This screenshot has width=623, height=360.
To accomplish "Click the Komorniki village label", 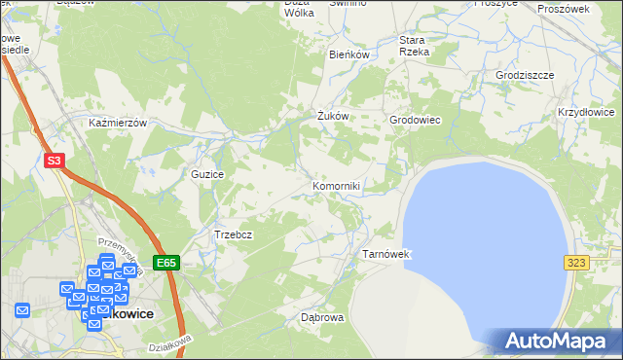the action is [x=337, y=185].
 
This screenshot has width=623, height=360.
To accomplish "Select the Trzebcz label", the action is [x=234, y=234].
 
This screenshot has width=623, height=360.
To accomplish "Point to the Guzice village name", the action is [x=208, y=174].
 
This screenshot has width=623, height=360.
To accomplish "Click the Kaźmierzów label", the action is [x=117, y=124].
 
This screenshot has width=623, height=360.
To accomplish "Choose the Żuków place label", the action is [x=333, y=117].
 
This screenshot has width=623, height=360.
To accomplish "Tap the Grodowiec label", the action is [x=416, y=120].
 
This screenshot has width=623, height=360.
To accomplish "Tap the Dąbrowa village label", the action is [x=323, y=317].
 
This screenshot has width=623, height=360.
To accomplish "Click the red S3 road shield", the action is [x=55, y=162].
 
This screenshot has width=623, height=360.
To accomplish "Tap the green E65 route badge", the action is [x=166, y=263].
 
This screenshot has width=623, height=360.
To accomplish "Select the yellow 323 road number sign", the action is [x=577, y=263].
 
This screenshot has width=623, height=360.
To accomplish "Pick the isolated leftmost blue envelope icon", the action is [x=22, y=310].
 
